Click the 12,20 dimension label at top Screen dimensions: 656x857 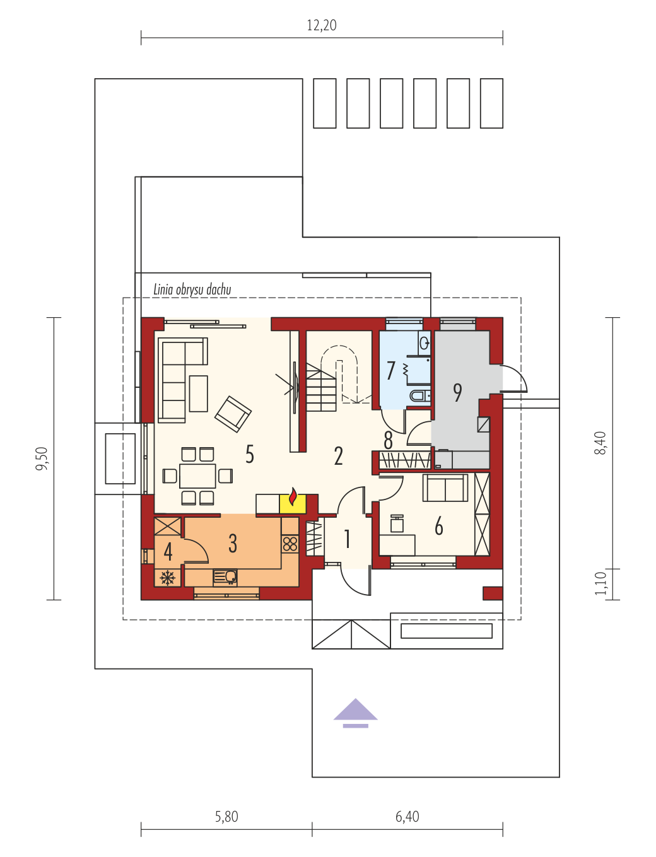(321, 25)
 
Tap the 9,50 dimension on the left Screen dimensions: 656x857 (42, 458)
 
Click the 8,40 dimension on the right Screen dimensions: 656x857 (600, 443)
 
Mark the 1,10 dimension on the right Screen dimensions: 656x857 (600, 583)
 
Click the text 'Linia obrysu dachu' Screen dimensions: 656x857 (192, 289)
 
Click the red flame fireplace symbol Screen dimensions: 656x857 (293, 496)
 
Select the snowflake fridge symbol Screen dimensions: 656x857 (168, 578)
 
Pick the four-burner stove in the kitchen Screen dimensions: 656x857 (290, 544)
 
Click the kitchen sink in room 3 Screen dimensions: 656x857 (225, 577)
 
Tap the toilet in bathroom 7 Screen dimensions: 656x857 (420, 396)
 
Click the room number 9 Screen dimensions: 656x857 (458, 392)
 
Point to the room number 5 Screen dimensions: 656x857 (250, 454)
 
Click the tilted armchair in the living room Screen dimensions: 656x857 (233, 414)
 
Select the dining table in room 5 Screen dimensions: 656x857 (197, 476)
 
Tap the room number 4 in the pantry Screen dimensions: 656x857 (168, 552)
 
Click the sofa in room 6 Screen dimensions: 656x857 (445, 487)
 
